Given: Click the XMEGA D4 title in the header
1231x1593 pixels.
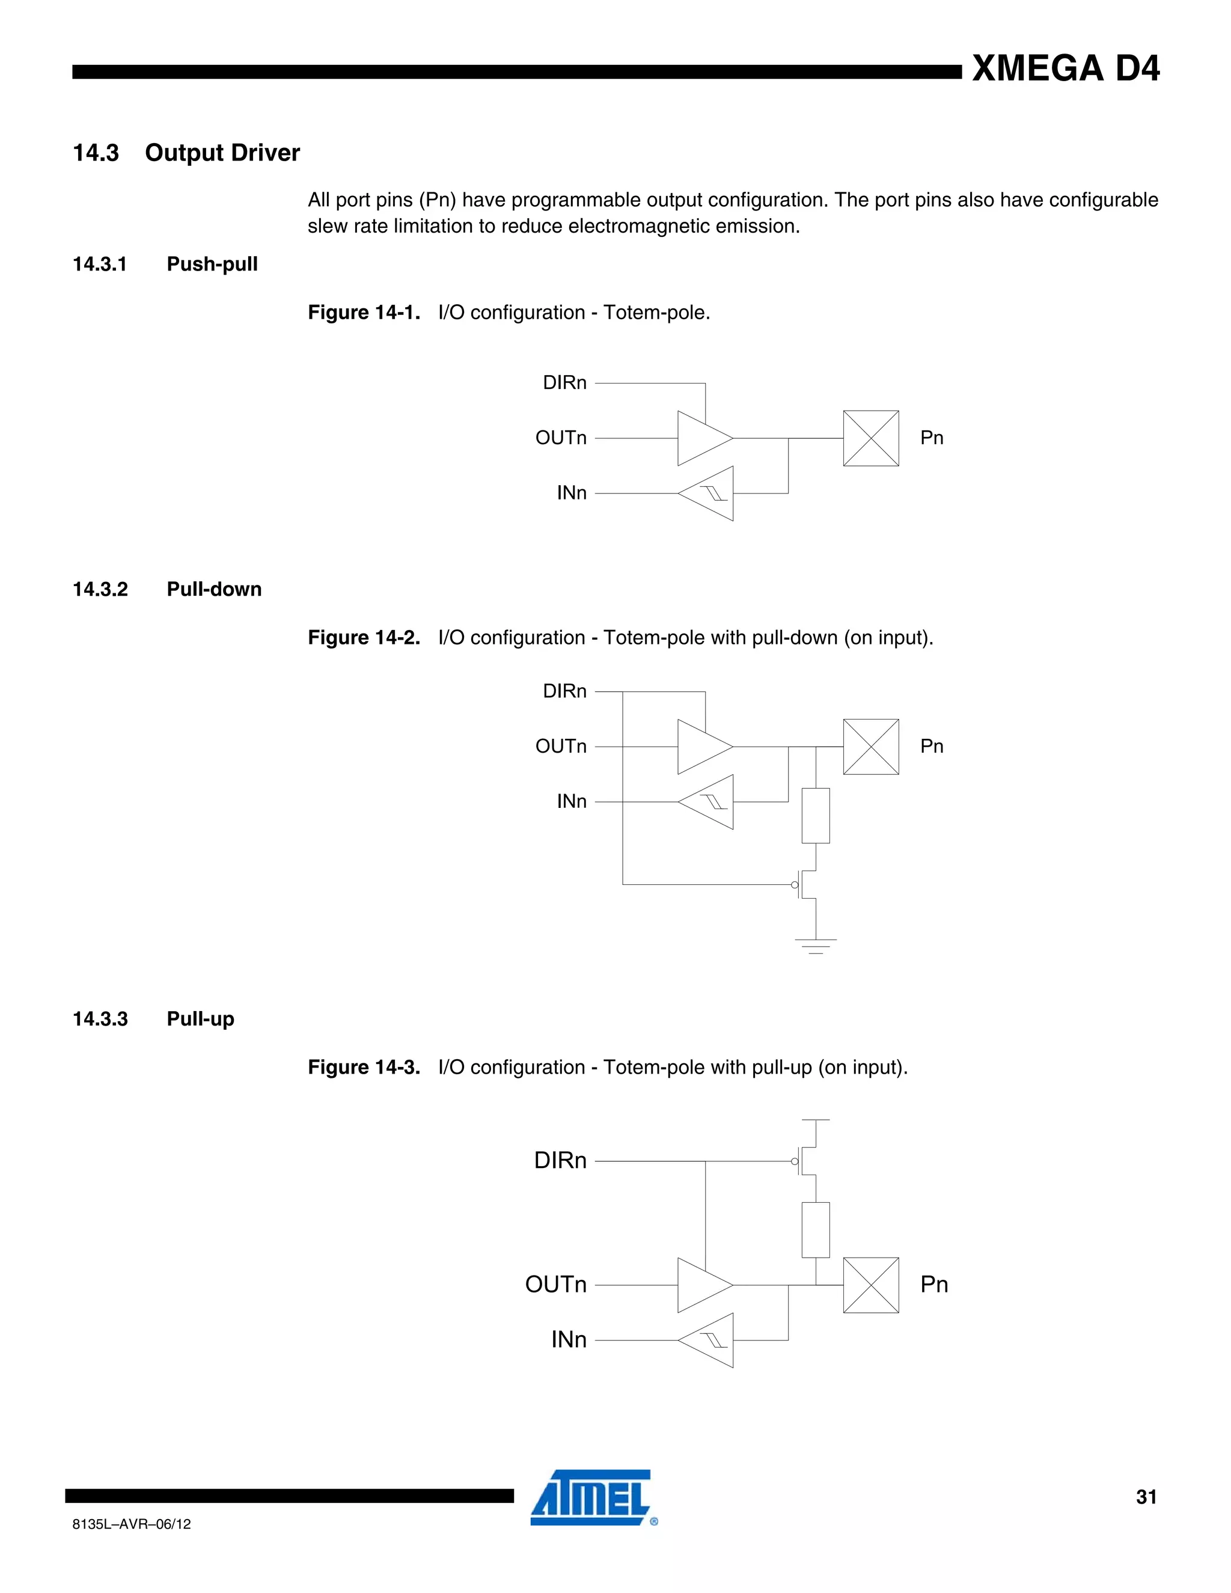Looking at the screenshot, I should pyautogui.click(x=1066, y=69).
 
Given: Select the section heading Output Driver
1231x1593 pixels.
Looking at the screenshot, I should pyautogui.click(x=222, y=153).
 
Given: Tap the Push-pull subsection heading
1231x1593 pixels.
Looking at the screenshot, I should pyautogui.click(x=212, y=264).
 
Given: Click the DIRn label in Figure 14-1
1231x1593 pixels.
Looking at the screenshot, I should pyautogui.click(x=564, y=383).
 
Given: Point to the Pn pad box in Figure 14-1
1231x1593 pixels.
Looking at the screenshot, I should pyautogui.click(x=871, y=438).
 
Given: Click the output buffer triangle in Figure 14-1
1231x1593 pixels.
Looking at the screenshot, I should pyautogui.click(x=702, y=438).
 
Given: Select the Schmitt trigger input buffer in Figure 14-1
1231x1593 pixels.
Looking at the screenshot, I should pyautogui.click(x=708, y=494).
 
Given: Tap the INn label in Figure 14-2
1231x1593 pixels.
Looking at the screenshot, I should pyautogui.click(x=571, y=801).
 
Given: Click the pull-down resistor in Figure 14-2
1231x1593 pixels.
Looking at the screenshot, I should pyautogui.click(x=815, y=816).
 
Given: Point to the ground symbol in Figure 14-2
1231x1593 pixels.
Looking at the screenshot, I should pyautogui.click(x=815, y=946).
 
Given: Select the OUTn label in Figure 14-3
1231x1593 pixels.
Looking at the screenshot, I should pyautogui.click(x=556, y=1285).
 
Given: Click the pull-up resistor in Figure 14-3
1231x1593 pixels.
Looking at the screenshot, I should pyautogui.click(x=815, y=1230).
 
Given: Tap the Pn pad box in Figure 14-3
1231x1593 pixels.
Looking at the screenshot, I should pyautogui.click(x=871, y=1285).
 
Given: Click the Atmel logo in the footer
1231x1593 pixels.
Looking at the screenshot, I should pyautogui.click(x=592, y=1497).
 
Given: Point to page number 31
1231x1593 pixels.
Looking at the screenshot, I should pyautogui.click(x=1146, y=1497).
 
